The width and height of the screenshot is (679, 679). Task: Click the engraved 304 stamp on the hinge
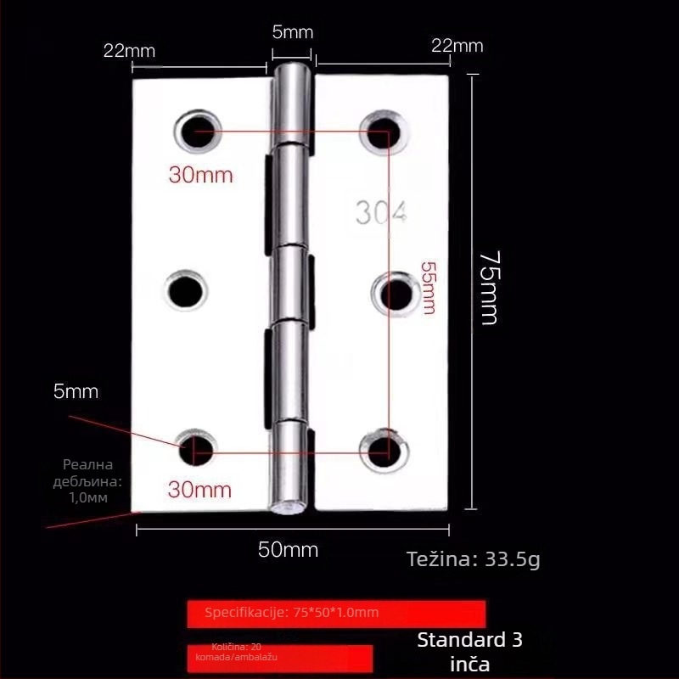pyautogui.click(x=381, y=213)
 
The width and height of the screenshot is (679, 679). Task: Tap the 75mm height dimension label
pyautogui.click(x=488, y=287)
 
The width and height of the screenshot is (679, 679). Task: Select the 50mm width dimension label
pyautogui.click(x=288, y=550)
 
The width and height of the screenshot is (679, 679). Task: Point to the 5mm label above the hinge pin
pyautogui.click(x=292, y=33)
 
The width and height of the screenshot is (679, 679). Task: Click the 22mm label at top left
pyautogui.click(x=129, y=50)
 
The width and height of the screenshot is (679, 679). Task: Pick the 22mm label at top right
pyautogui.click(x=457, y=46)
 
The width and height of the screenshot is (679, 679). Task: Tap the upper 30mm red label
pyautogui.click(x=200, y=176)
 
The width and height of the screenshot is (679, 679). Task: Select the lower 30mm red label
pyautogui.click(x=200, y=490)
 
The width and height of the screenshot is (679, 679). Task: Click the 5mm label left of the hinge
pyautogui.click(x=76, y=392)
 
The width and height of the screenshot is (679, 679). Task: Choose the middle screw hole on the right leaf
pyautogui.click(x=394, y=293)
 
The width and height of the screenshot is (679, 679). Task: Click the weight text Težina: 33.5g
pyautogui.click(x=473, y=559)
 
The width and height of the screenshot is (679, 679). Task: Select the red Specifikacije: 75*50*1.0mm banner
pyautogui.click(x=336, y=613)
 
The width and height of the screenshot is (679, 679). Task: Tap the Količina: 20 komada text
pyautogui.click(x=237, y=652)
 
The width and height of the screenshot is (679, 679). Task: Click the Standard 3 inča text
pyautogui.click(x=470, y=652)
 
